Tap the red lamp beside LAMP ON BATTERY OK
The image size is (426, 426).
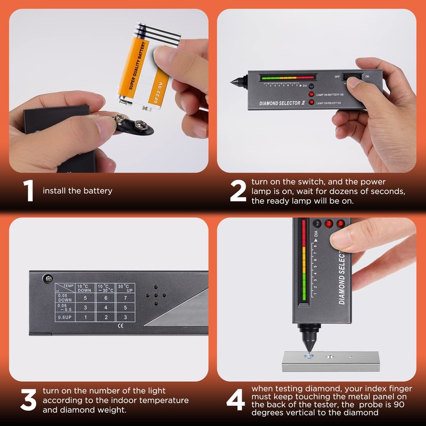pos(312,94)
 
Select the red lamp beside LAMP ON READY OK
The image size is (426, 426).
pos(312,102)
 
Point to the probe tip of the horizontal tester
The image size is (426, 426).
pos(233,84)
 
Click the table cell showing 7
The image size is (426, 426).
pos(125,298)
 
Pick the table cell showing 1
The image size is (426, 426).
pos(85,317)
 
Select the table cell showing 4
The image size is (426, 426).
pos(105,308)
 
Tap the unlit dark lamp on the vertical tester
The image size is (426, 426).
pos(317,224)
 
